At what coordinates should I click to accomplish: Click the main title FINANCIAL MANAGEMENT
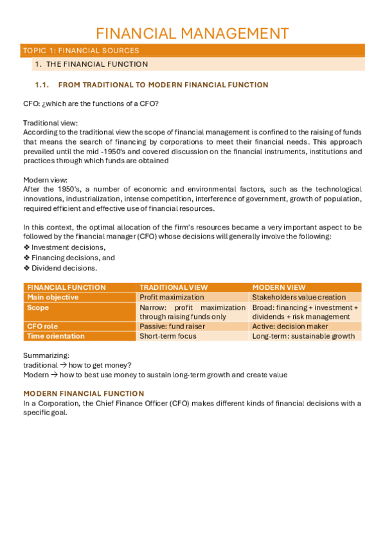point(192,33)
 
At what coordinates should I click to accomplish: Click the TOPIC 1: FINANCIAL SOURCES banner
point(80,50)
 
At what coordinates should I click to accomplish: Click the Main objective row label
point(53,297)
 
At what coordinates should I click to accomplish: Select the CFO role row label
point(42,326)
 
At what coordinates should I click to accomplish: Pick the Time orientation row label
point(56,336)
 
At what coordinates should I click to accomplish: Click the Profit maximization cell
point(172,297)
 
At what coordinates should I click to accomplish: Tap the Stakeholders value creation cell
point(299,297)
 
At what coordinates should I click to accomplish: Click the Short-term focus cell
point(168,336)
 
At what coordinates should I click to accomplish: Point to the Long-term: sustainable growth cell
point(303,336)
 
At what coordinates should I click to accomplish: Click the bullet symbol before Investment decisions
point(26,247)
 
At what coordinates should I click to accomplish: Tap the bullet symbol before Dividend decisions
point(26,268)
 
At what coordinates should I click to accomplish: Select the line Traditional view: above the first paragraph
point(50,123)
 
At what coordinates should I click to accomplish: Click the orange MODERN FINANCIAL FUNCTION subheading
point(84,393)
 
